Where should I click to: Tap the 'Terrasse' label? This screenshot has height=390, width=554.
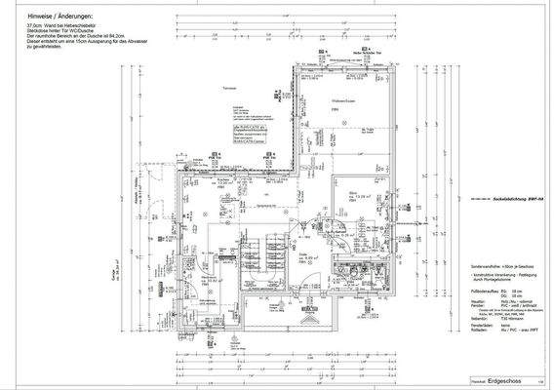coord(232,88)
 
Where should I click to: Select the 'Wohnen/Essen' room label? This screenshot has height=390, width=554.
coord(341,100)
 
